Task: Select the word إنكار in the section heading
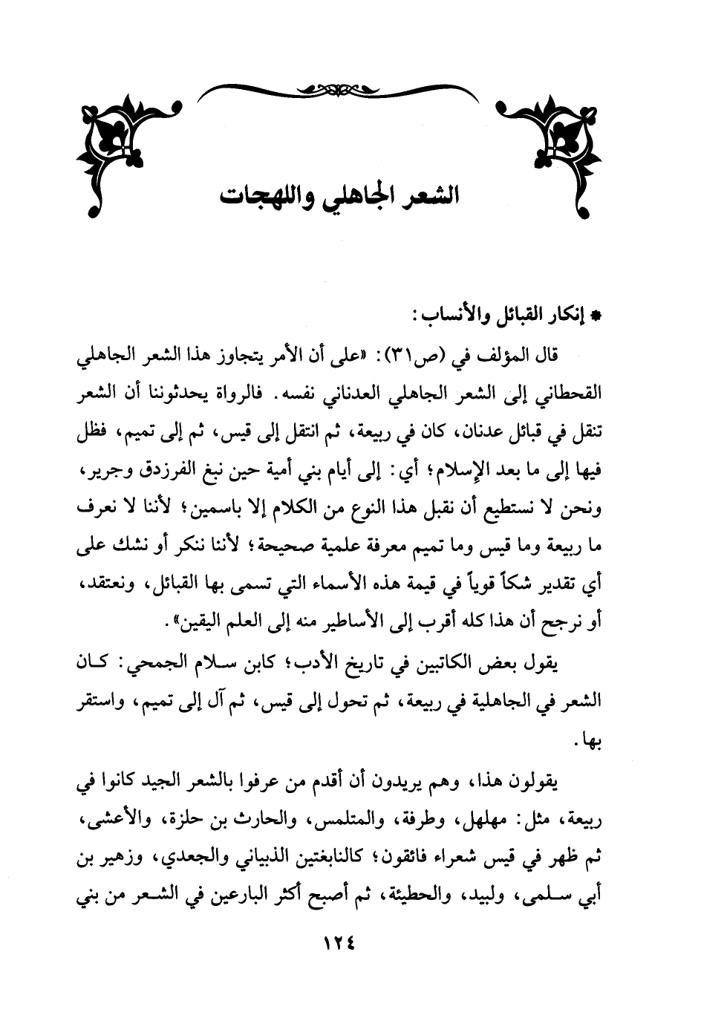568,315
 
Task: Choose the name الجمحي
160,663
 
